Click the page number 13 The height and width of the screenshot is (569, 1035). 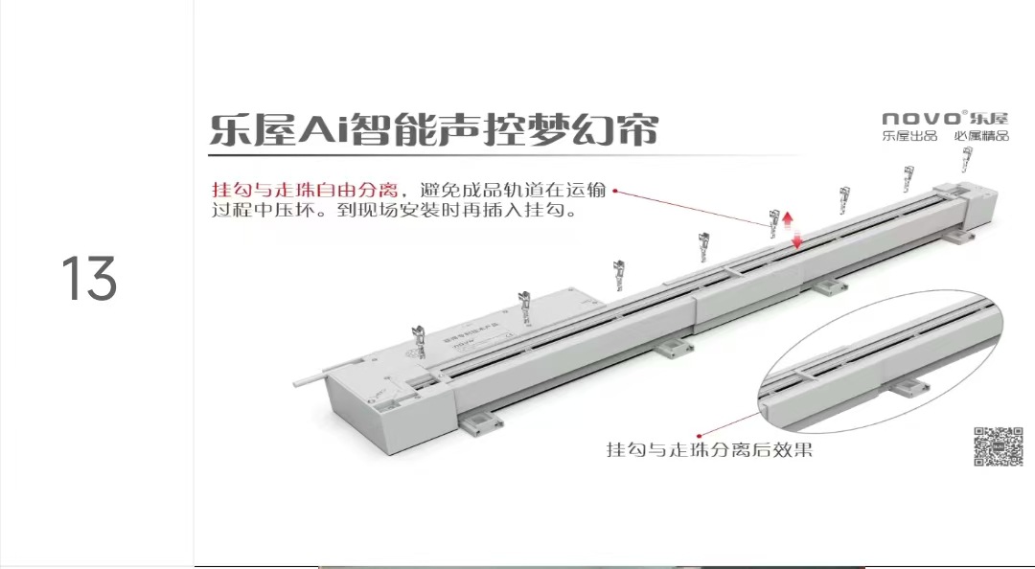(x=90, y=279)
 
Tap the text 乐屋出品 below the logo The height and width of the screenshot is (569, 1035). (x=909, y=136)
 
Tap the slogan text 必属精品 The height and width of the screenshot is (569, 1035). (x=981, y=136)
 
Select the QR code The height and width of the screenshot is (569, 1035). (x=998, y=445)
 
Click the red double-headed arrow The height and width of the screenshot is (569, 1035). (x=792, y=230)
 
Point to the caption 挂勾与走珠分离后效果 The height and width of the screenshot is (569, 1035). (x=709, y=448)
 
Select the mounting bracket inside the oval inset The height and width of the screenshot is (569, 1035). (x=904, y=385)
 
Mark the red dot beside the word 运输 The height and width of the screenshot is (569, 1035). (x=614, y=190)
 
